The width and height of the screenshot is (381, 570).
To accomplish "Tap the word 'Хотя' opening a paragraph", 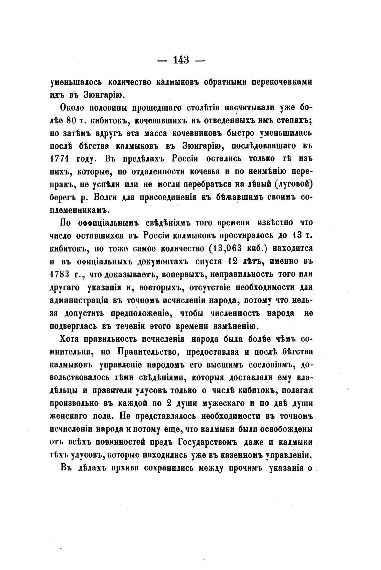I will [71, 339].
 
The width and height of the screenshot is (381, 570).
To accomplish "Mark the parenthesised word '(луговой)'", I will [294, 185].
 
